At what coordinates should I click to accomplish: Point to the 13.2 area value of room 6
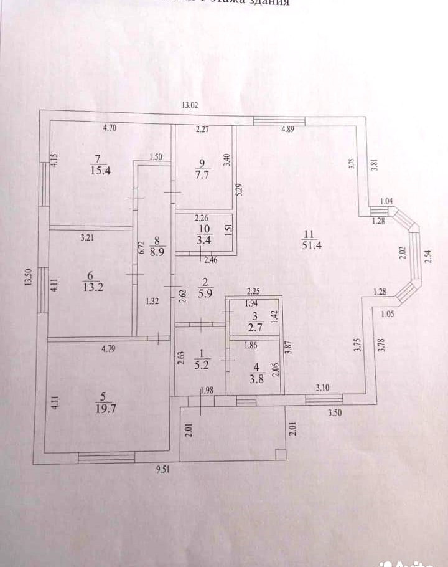[91, 287]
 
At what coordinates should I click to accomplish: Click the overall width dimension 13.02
[190, 105]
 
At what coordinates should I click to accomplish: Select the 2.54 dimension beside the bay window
[428, 256]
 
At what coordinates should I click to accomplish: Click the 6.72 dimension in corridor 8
[141, 246]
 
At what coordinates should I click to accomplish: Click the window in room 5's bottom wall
[106, 458]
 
